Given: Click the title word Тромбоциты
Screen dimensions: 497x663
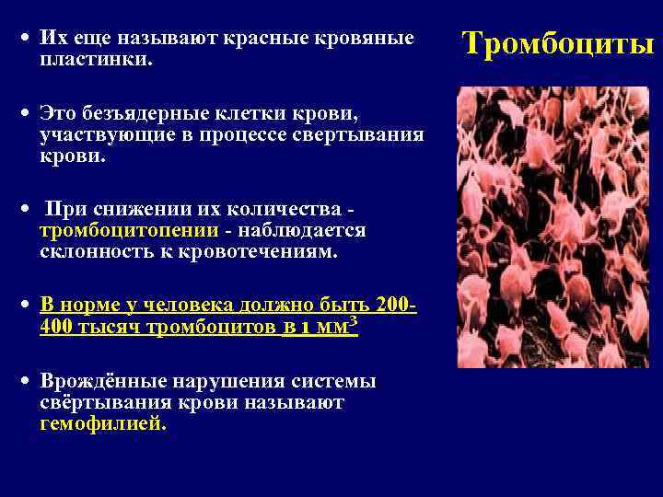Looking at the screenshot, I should pyautogui.click(x=557, y=42).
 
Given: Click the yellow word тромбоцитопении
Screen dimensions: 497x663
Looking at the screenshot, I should pyautogui.click(x=129, y=231).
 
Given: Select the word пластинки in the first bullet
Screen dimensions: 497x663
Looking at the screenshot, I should pyautogui.click(x=96, y=59).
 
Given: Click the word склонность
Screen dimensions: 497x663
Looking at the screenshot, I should pyautogui.click(x=100, y=251).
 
